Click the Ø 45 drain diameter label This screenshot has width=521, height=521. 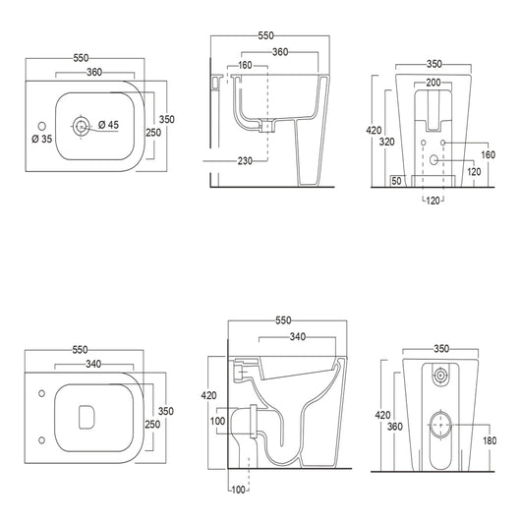click(x=109, y=125)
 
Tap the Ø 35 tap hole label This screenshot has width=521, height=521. click(x=41, y=139)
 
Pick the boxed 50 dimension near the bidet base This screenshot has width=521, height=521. click(x=396, y=180)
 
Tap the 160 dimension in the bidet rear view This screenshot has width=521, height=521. click(x=488, y=153)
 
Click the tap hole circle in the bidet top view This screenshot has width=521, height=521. click(x=40, y=125)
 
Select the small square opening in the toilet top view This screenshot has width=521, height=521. click(x=83, y=417)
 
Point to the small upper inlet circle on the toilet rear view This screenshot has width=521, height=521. click(x=441, y=375)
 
